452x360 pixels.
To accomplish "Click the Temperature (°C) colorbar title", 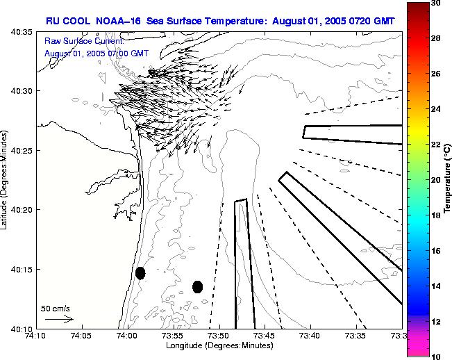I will point(448,179).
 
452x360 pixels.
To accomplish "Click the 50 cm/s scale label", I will point(56,308).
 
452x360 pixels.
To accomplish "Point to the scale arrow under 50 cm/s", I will point(58,319).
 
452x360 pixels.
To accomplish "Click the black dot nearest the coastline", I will point(140,273).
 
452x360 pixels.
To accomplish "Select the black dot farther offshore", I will point(197,286).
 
